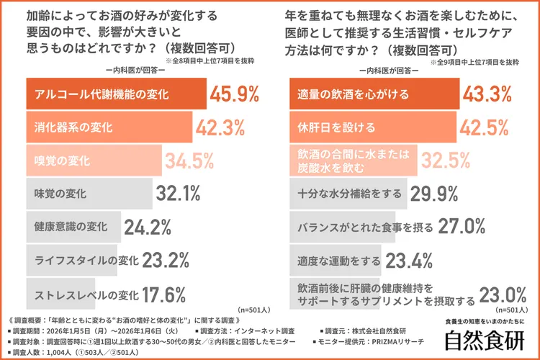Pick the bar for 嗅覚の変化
coord(94,161)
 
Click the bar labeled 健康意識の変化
coord(72,227)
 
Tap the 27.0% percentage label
coord(462,227)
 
